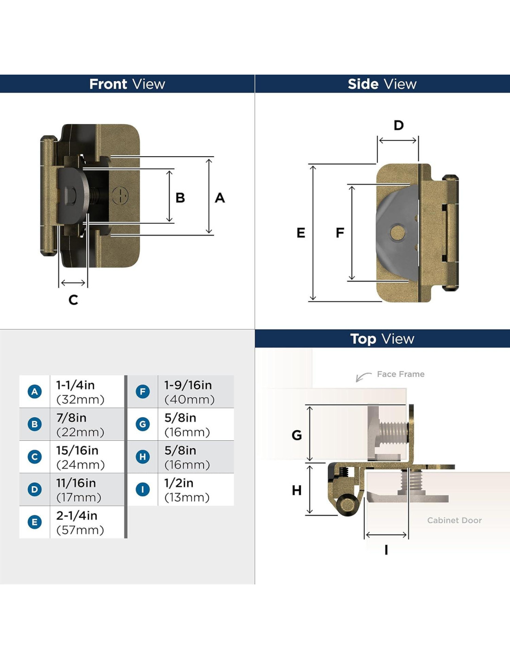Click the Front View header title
pyautogui.click(x=127, y=84)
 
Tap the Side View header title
pyautogui.click(x=382, y=84)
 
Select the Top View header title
pyautogui.click(x=382, y=339)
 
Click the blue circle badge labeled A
pyautogui.click(x=35, y=392)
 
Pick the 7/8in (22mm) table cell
pyautogui.click(x=87, y=425)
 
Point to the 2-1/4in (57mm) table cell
pyautogui.click(x=87, y=522)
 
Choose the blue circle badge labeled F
pyautogui.click(x=143, y=392)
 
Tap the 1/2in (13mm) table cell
pyautogui.click(x=195, y=490)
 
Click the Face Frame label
pyautogui.click(x=401, y=374)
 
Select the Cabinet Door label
pyautogui.click(x=454, y=520)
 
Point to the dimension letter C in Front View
pyautogui.click(x=73, y=300)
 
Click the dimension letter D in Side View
pyautogui.click(x=399, y=126)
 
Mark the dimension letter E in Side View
pyautogui.click(x=301, y=233)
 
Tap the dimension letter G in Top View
pyautogui.click(x=297, y=435)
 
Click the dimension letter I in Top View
pyautogui.click(x=386, y=550)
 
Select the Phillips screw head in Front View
pyautogui.click(x=120, y=196)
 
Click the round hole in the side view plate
pyautogui.click(x=397, y=233)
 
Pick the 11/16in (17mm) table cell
pyautogui.click(x=87, y=490)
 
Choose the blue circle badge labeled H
pyautogui.click(x=143, y=457)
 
